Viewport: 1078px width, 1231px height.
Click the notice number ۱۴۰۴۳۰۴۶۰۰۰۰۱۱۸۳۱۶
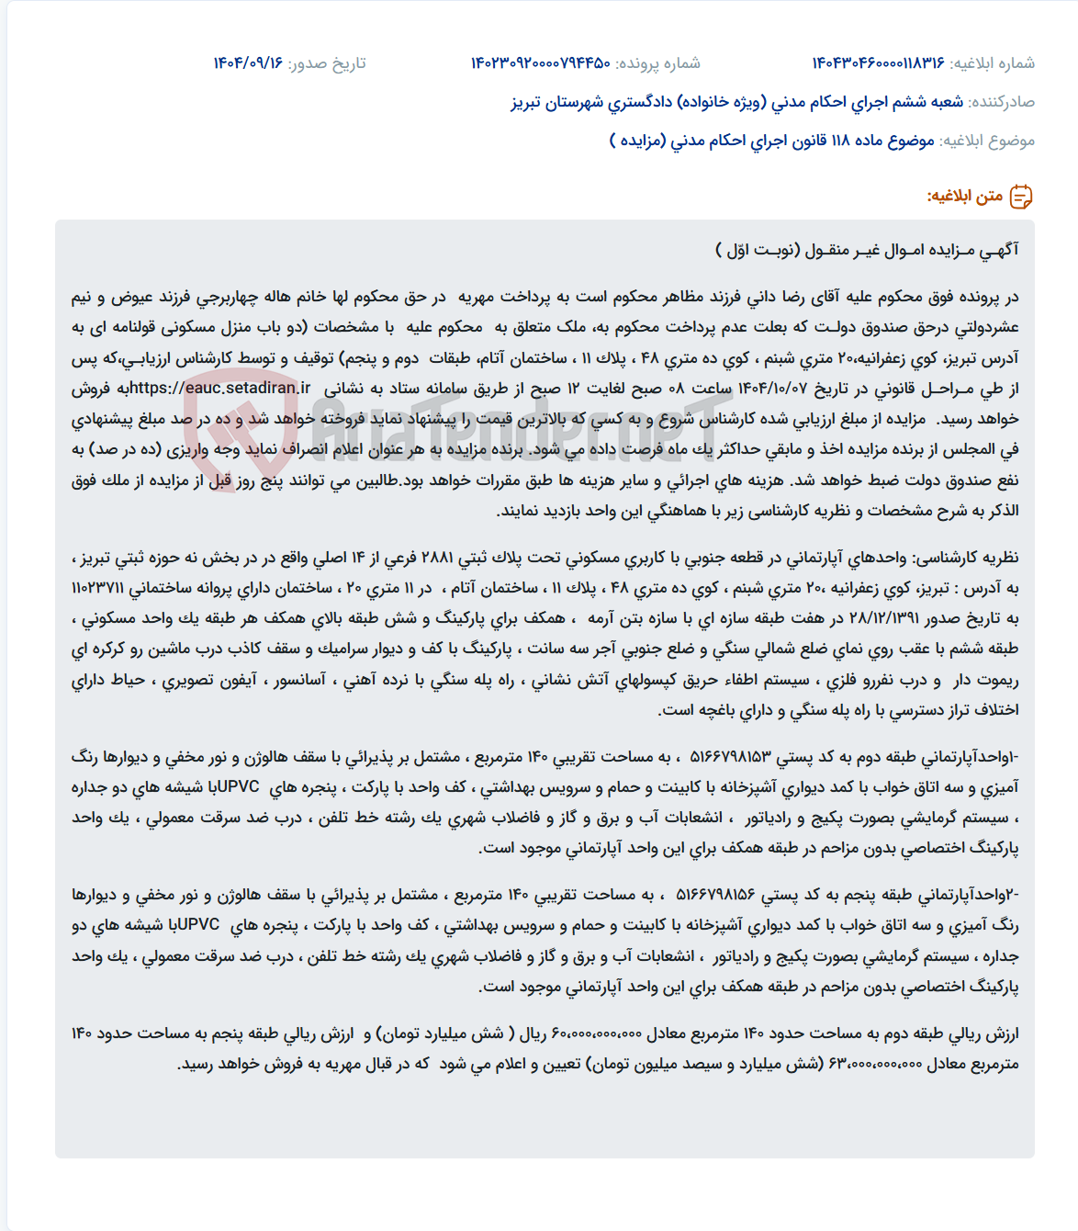pos(878,63)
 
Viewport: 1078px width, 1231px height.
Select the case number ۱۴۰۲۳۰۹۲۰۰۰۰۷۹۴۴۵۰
pos(541,63)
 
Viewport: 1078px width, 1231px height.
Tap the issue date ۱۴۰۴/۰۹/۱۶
pos(248,63)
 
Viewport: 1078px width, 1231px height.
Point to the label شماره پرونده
pos(657,63)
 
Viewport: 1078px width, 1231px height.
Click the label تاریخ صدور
pos(327,63)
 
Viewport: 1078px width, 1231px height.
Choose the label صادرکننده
pos(1002,102)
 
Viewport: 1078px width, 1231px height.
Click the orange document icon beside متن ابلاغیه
pos(1020,197)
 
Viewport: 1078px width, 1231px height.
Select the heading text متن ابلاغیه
pos(964,197)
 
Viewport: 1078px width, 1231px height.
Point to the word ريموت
pos(999,681)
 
